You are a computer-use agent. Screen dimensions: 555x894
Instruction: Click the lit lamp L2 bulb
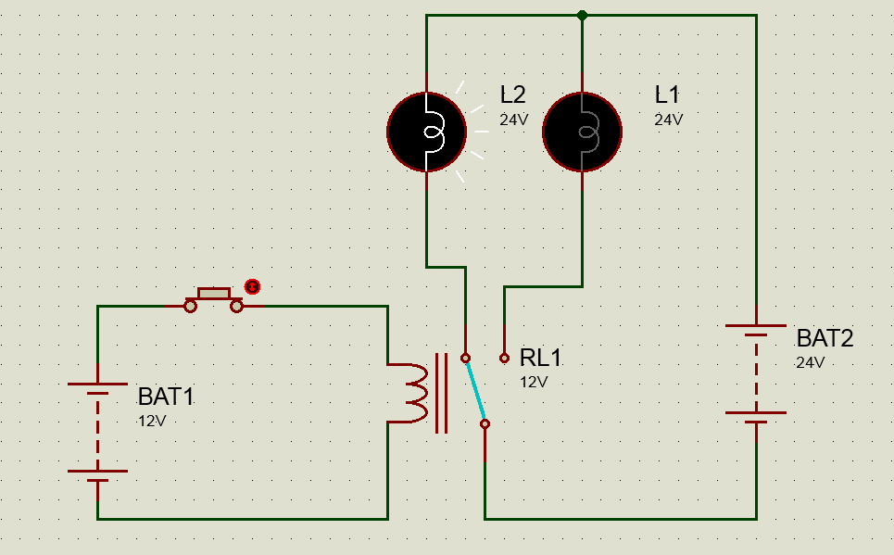coord(426,132)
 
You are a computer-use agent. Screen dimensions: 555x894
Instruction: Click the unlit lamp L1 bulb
coord(582,132)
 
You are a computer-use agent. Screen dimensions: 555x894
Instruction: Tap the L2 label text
coord(512,95)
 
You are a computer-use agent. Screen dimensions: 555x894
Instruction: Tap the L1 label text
coord(667,95)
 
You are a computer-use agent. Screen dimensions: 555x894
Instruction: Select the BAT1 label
coord(166,397)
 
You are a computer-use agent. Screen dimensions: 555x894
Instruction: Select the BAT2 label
coord(825,338)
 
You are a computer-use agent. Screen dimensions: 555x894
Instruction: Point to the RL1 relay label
coord(540,358)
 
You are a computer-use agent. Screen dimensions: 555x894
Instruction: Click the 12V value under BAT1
coord(152,421)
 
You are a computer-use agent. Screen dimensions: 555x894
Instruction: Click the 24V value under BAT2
coord(811,362)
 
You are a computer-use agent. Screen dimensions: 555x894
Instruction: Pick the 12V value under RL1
coord(534,381)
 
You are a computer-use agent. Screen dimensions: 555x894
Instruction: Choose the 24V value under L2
coord(513,120)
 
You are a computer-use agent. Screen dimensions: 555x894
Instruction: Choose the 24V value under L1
coord(668,120)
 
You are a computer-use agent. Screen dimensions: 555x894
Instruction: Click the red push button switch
coord(215,299)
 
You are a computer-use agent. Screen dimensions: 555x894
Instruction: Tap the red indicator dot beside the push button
coord(251,286)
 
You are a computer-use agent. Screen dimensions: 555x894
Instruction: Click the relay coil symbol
coord(413,392)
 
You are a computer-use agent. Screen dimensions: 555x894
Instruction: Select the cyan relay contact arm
coord(475,390)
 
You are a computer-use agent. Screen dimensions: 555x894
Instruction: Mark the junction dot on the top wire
coord(582,15)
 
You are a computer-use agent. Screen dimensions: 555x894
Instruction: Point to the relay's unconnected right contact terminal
coord(504,357)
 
